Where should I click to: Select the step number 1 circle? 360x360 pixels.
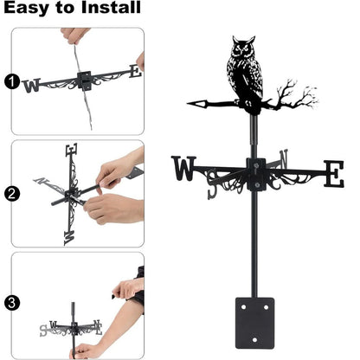pos(11,83)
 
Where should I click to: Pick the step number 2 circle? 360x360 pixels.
pos(11,194)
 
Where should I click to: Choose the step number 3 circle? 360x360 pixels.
pos(11,302)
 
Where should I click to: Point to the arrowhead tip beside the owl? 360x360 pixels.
pos(194,104)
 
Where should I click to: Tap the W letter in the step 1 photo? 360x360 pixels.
pos(32,85)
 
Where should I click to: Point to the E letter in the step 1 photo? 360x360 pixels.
pos(133,72)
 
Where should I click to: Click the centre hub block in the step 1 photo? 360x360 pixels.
pos(85,80)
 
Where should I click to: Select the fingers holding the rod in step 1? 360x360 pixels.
pos(75,36)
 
